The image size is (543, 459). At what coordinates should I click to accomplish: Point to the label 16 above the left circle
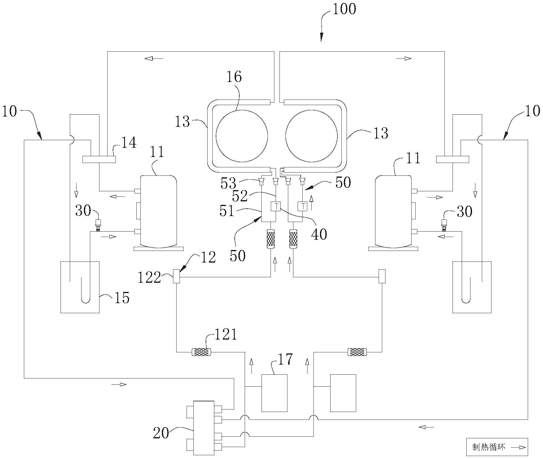point(234,77)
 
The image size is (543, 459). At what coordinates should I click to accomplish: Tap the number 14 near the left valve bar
point(128,143)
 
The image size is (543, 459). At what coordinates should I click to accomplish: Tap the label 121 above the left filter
point(226,334)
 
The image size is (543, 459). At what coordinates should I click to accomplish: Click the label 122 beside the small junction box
point(149,278)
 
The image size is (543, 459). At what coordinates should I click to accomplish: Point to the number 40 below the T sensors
point(319,234)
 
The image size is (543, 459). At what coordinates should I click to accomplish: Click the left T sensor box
point(276,206)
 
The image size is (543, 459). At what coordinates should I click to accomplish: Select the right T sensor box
point(303,206)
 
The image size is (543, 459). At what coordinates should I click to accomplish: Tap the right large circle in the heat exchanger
point(311,136)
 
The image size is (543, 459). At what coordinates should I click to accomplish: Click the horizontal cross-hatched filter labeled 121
point(201,352)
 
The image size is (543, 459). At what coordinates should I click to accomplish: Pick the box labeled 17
point(274,393)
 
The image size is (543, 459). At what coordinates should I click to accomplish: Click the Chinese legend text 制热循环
point(489,447)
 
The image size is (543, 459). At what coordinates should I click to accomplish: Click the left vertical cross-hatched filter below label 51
point(271,239)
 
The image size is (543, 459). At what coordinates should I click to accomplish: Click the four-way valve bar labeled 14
point(99,159)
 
